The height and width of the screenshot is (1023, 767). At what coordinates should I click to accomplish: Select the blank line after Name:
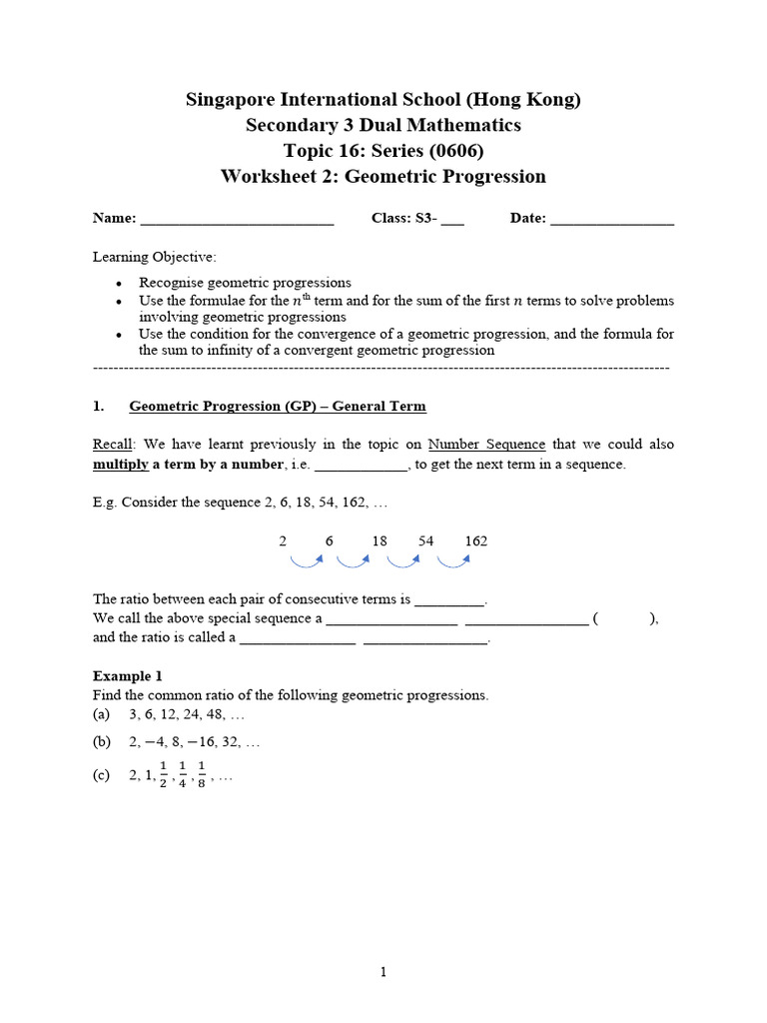point(237,220)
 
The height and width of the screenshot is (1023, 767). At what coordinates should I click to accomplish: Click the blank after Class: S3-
point(452,220)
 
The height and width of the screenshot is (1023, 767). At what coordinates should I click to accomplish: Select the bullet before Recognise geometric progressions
point(118,284)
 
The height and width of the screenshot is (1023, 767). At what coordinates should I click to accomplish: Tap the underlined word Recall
point(112,444)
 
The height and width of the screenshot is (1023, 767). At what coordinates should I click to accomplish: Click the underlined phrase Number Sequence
point(486,444)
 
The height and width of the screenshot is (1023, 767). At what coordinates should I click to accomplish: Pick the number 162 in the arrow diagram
point(476,540)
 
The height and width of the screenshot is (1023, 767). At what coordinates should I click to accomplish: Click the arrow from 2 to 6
point(304,561)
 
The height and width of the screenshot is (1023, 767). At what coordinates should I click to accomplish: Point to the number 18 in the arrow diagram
point(379,540)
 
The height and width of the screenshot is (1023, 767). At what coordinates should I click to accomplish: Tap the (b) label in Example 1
point(101,742)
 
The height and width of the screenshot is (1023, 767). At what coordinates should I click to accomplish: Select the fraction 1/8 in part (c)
point(202,775)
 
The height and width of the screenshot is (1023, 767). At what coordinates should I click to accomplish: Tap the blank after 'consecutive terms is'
point(449,599)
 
